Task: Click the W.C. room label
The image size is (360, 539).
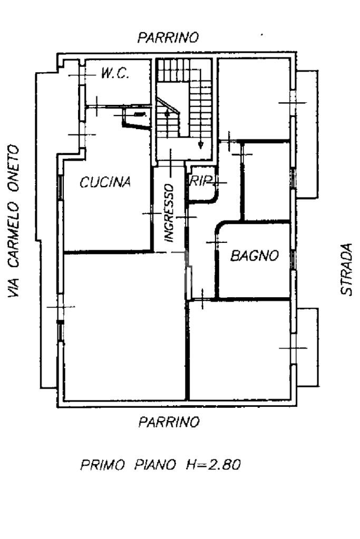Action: [x=115, y=74]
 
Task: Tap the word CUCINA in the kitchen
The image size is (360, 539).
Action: [x=105, y=182]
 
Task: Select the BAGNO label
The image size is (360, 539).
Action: [x=255, y=256]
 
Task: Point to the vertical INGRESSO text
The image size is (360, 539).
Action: [x=169, y=212]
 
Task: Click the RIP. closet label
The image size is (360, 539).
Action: [x=200, y=181]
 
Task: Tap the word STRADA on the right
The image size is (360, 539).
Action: [x=346, y=269]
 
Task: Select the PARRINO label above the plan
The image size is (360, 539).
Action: [x=168, y=37]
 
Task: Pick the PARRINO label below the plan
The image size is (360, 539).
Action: [x=169, y=422]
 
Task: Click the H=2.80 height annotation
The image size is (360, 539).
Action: [x=213, y=465]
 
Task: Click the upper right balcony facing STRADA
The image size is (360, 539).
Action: [x=306, y=134]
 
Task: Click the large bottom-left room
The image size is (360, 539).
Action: [x=124, y=327]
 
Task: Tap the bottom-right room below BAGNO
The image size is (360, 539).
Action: [x=240, y=350]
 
